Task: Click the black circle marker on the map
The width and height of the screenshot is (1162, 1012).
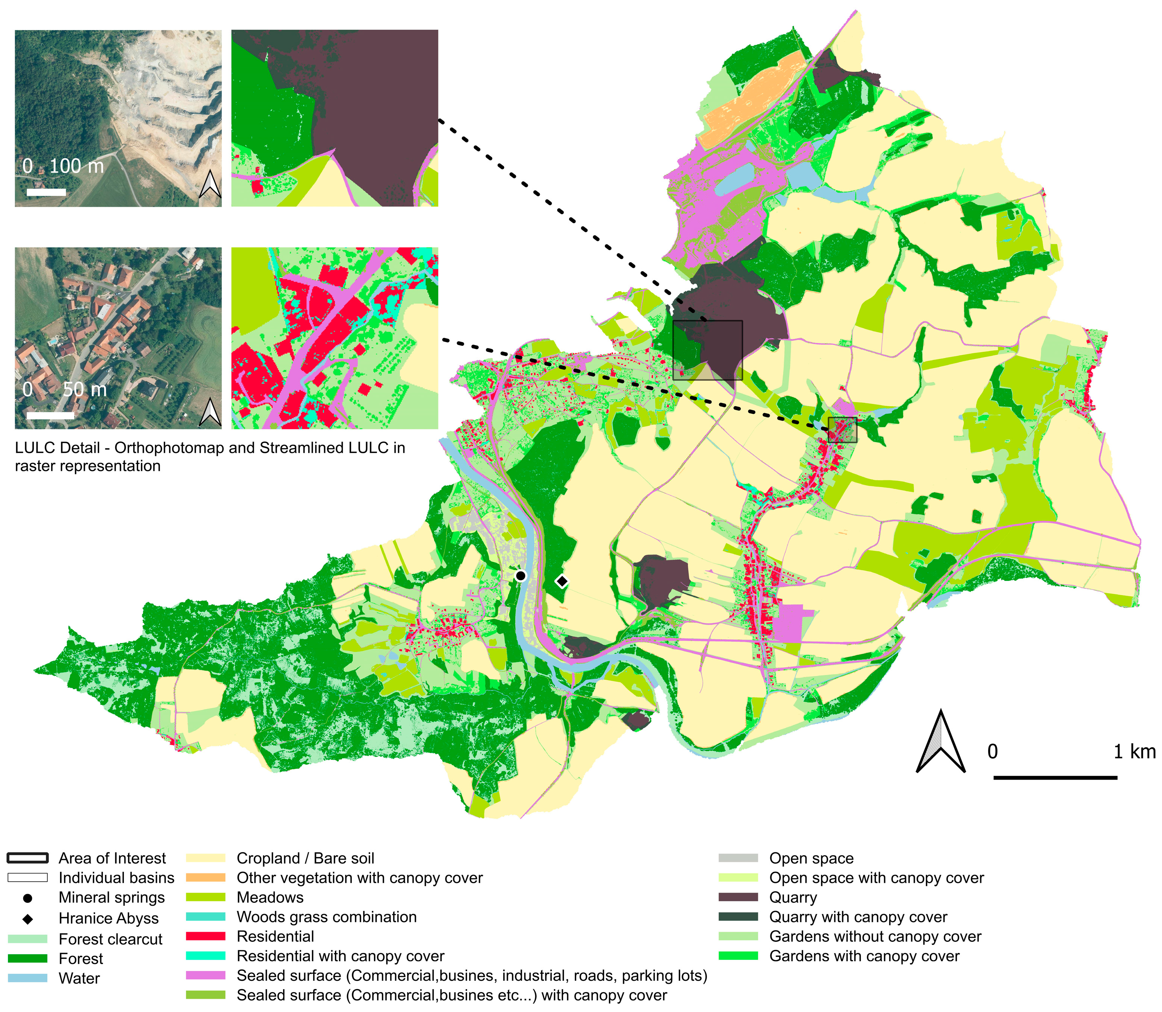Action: click(521, 576)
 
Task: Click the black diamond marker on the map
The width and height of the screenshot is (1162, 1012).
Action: click(562, 581)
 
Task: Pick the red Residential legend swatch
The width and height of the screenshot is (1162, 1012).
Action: click(205, 936)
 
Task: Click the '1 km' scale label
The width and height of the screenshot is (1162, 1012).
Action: click(1134, 752)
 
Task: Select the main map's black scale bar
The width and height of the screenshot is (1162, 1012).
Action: click(1055, 778)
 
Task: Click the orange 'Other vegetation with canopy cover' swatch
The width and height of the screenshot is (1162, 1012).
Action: click(205, 878)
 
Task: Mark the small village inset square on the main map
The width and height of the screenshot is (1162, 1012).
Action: click(842, 430)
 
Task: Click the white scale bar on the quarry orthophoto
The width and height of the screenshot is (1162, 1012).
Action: click(46, 192)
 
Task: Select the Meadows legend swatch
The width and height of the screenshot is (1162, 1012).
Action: click(205, 897)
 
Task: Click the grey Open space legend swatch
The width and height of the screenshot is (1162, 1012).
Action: click(738, 858)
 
